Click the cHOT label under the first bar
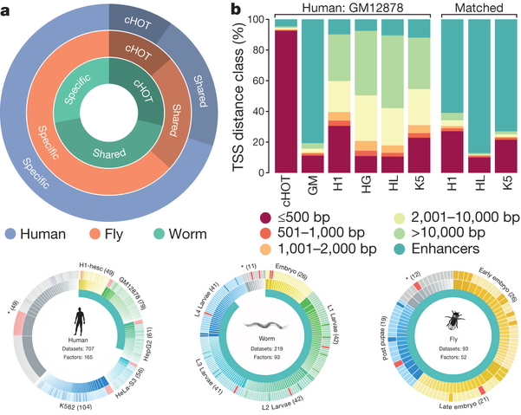281,188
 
